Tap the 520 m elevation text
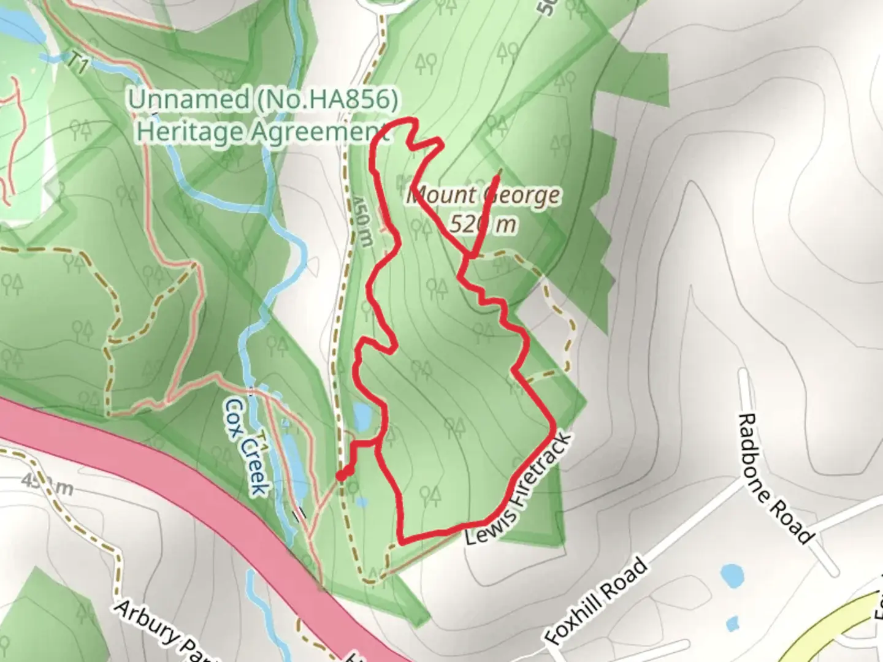(483, 224)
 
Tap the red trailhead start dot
(341, 476)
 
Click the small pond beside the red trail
(362, 417)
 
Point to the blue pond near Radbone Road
(732, 575)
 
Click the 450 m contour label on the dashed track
(362, 219)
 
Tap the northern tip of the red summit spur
(499, 171)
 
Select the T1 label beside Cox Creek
(262, 444)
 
